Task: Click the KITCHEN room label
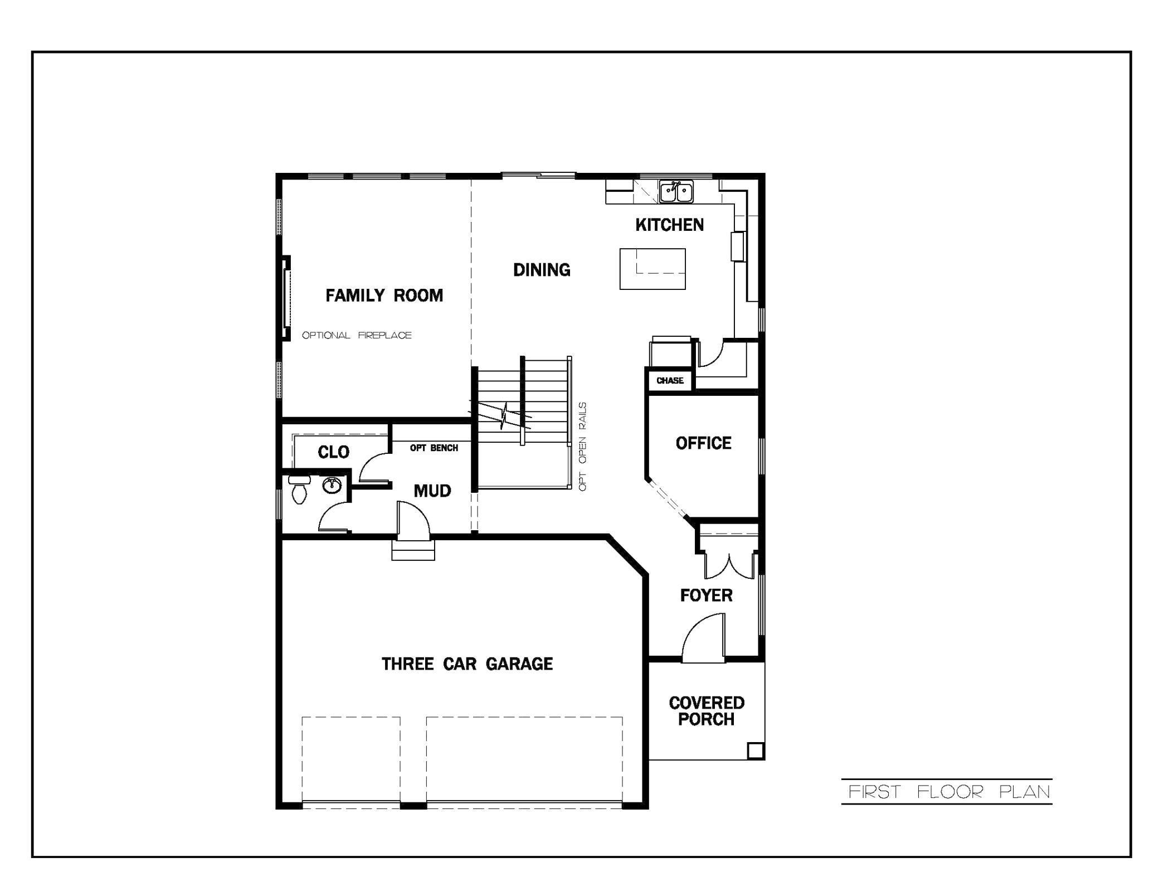point(669,225)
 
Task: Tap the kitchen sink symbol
point(676,191)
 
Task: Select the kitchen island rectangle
point(652,269)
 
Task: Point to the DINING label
point(542,270)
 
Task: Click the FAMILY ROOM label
point(384,295)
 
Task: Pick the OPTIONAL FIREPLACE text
point(357,335)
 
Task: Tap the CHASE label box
point(670,380)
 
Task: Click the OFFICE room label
point(703,443)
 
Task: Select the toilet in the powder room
point(299,490)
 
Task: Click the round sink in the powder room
point(332,485)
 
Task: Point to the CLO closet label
point(333,452)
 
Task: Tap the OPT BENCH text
point(434,448)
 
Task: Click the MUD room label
point(432,491)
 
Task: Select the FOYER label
point(706,595)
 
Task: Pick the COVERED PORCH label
point(706,711)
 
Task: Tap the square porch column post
point(755,750)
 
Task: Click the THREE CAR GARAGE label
point(467,663)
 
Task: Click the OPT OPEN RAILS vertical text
point(583,447)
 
